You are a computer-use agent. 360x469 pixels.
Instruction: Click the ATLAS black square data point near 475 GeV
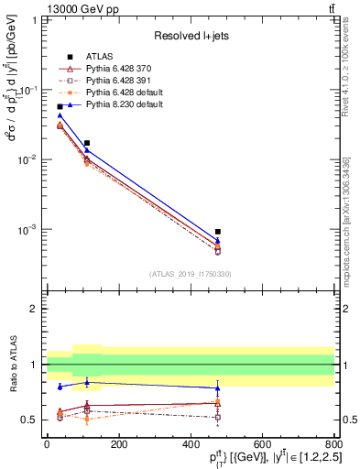[x=217, y=232]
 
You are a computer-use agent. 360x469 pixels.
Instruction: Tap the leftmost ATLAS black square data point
[x=60, y=107]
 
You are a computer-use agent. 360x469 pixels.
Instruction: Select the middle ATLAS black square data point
[x=86, y=143]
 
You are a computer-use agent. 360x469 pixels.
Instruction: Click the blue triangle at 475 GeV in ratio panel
[x=217, y=387]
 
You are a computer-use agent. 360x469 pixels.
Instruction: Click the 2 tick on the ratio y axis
[x=38, y=309]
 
